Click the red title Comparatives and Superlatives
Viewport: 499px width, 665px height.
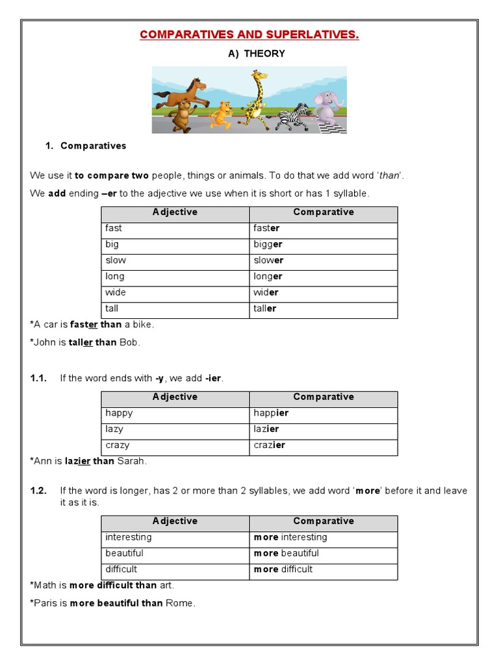pos(249,34)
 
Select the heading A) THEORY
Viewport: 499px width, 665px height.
pos(256,54)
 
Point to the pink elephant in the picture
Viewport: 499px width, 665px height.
pos(327,107)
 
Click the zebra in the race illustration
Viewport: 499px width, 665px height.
pos(292,117)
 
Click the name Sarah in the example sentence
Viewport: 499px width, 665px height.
pos(132,461)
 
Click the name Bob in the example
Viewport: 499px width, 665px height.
pos(129,342)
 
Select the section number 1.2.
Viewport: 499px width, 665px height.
pos(38,491)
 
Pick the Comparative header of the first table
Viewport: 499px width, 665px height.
pos(323,212)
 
